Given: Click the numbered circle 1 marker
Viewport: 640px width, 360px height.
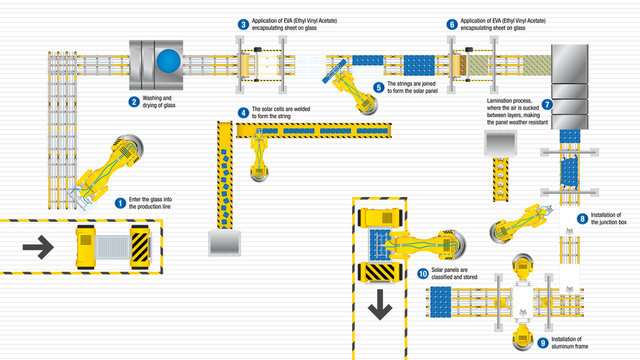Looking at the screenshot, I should coord(121,201).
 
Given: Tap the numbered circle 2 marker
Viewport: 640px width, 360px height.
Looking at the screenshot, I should coord(133,101).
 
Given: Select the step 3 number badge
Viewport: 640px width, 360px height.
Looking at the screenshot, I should coord(243,23).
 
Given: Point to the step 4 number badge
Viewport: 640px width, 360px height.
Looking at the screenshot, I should coord(243,111).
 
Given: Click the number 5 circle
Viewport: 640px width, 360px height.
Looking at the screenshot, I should coord(378,87).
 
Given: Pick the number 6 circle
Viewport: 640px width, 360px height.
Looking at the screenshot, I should coord(452,23).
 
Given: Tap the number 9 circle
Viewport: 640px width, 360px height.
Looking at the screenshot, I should coord(543,341).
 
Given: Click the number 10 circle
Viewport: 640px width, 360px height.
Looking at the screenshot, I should coord(423,273).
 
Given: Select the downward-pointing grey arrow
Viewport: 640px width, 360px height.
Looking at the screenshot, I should coord(379,308).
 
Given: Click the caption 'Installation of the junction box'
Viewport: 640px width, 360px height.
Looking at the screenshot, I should coord(608,219).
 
